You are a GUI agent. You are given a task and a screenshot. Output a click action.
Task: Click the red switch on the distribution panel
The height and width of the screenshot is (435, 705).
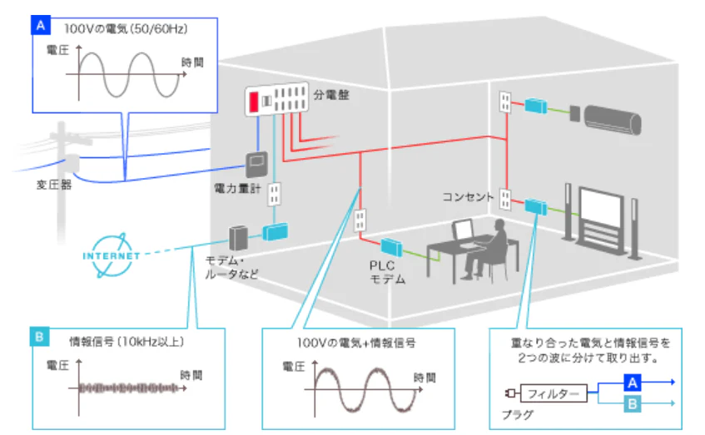click(253, 101)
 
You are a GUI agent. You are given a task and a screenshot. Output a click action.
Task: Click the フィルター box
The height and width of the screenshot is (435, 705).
click(553, 393)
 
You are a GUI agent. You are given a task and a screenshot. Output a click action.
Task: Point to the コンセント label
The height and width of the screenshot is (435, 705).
click(467, 198)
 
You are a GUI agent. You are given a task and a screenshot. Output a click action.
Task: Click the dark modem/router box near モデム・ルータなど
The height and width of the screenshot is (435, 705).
click(240, 238)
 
